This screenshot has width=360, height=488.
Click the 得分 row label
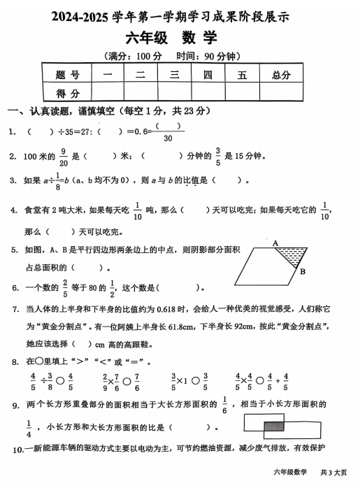point(67,92)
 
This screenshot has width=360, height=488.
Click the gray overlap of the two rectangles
point(275,425)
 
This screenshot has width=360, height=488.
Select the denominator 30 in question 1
point(168,138)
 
